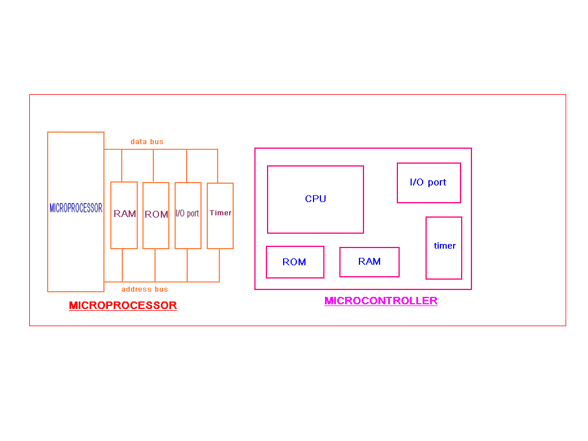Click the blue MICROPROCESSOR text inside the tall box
(76, 208)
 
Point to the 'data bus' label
(147, 142)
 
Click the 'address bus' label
(145, 289)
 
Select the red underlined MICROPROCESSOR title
(123, 305)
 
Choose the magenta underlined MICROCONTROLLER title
(381, 301)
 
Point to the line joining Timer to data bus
(218, 166)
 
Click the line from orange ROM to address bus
(155, 265)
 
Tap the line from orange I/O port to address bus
(187, 265)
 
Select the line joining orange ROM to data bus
(153, 166)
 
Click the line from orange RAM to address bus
(122, 265)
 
